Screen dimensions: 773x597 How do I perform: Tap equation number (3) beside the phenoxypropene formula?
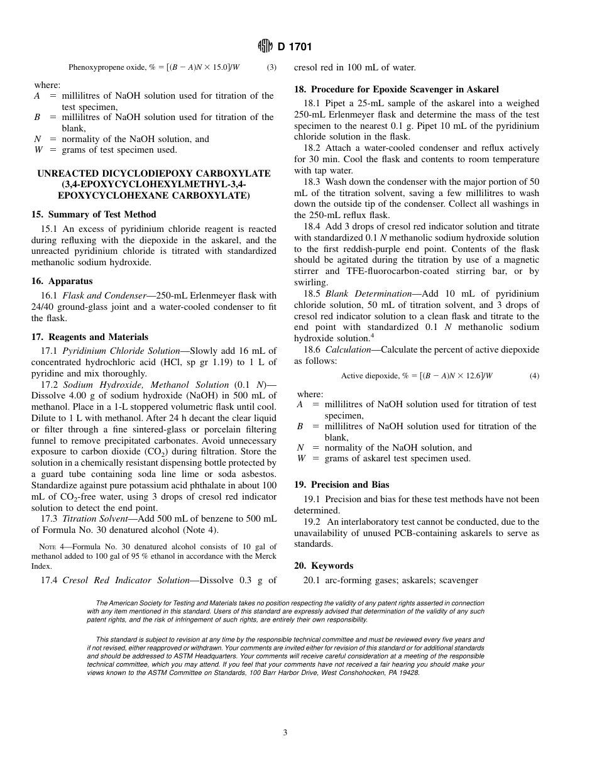[x=271, y=67]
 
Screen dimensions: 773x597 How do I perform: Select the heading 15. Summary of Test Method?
[x=94, y=214]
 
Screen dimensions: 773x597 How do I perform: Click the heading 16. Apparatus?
[x=62, y=281]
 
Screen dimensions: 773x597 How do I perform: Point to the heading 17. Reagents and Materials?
[x=90, y=337]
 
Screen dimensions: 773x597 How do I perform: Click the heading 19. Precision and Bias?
[x=341, y=485]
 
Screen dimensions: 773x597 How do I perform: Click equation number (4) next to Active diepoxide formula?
[x=534, y=376]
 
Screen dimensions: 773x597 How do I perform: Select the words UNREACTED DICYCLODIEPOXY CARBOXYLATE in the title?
[x=154, y=173]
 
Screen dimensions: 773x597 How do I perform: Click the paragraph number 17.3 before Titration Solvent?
[x=49, y=518]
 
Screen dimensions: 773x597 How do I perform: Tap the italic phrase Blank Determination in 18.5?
[x=363, y=293]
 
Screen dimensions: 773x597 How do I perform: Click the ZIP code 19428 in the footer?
[x=409, y=672]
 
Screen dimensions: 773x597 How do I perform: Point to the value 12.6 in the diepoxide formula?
[x=466, y=376]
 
